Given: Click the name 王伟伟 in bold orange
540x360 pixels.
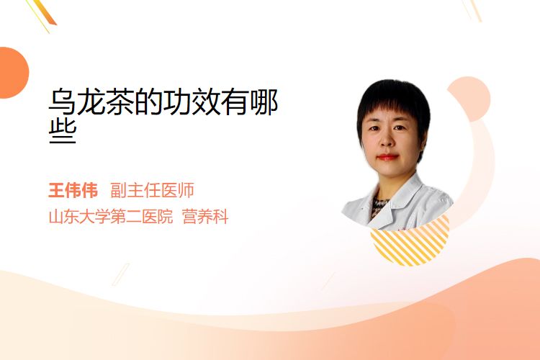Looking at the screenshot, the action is point(73,190).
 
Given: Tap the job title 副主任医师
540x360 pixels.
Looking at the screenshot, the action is point(152,190).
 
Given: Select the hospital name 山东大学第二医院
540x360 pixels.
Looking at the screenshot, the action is point(111,217).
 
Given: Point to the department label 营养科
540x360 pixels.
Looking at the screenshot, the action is point(205,217).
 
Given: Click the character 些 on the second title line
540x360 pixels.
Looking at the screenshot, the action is point(63,132).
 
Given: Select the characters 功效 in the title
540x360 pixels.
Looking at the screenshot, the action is point(191,102).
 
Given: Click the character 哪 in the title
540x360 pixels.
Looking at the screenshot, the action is point(264,102).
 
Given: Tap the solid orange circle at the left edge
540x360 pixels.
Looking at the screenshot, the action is point(13,73).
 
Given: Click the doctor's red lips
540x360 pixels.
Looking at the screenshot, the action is point(387,157).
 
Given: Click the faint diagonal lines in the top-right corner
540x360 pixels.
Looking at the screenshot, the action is point(472,10).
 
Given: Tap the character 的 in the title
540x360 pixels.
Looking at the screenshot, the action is point(148,102).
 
